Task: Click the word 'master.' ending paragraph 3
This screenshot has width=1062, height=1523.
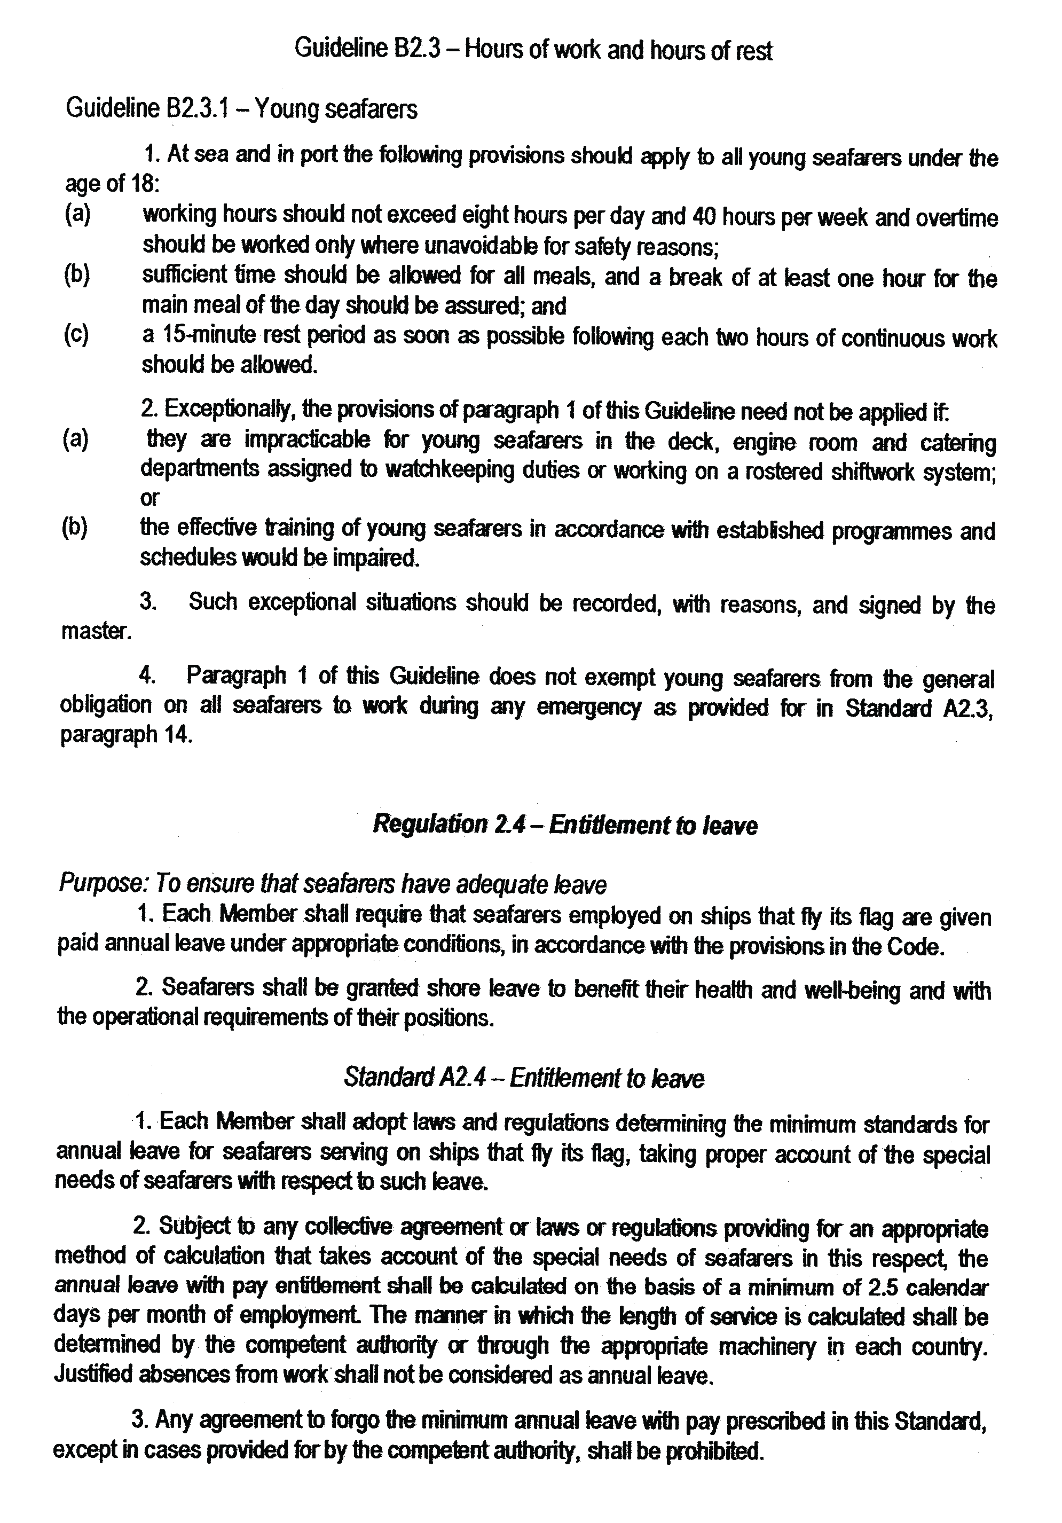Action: [x=96, y=631]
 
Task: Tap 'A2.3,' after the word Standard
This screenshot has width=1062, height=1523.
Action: [x=967, y=708]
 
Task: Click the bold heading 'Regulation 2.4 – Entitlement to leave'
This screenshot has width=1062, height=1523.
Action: [x=564, y=825]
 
